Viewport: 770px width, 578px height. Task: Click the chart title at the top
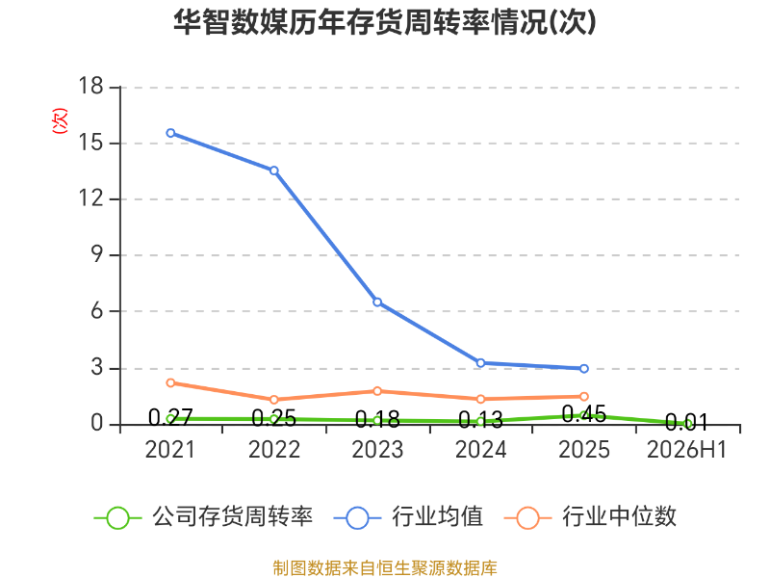(x=384, y=22)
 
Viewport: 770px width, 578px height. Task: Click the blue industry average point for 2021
(x=170, y=133)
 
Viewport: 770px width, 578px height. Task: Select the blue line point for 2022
(x=274, y=171)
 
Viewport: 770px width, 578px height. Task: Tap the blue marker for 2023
(x=377, y=302)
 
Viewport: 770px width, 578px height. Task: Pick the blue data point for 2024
(x=480, y=363)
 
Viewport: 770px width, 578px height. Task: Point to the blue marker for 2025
(x=584, y=369)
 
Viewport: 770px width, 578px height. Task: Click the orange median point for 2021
(x=170, y=382)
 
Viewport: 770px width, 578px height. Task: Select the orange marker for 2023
(x=377, y=391)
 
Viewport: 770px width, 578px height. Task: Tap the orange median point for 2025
(x=584, y=397)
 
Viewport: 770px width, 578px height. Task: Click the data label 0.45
(x=584, y=414)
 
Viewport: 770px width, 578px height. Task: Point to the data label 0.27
(x=170, y=418)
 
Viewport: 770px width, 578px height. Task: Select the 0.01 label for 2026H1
(x=687, y=422)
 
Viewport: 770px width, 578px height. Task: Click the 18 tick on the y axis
(x=90, y=86)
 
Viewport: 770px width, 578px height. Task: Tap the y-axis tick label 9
(x=97, y=254)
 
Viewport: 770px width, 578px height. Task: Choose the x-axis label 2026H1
(x=686, y=449)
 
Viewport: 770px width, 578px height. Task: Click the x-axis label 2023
(x=377, y=449)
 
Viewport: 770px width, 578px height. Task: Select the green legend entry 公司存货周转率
(x=203, y=517)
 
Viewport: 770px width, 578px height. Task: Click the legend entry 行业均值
(x=408, y=517)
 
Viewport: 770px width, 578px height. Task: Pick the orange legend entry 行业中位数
(x=590, y=517)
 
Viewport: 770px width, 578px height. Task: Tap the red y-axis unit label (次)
(x=60, y=120)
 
